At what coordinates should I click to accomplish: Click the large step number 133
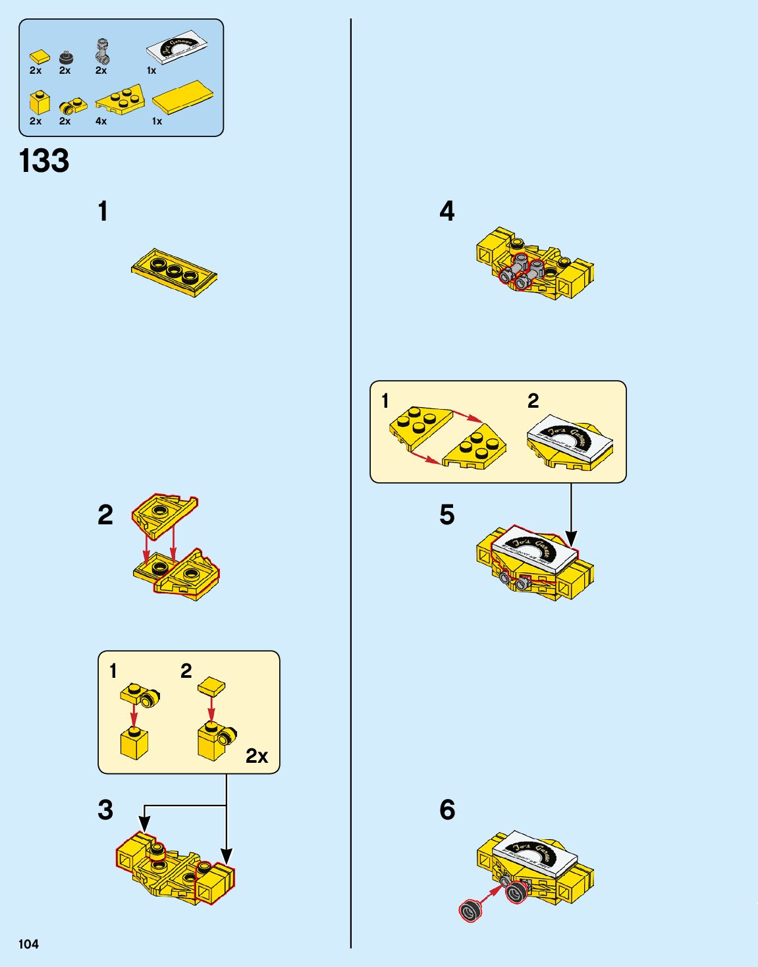[x=44, y=161]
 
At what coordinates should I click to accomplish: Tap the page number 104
[x=28, y=944]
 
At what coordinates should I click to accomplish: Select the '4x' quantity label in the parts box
[x=101, y=121]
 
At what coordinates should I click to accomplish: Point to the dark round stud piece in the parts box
[x=66, y=58]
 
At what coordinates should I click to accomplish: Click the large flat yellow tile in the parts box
[x=182, y=98]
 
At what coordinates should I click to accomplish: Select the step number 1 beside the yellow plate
[x=103, y=212]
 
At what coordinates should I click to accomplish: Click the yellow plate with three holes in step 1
[x=174, y=272]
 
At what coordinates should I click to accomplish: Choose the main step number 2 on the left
[x=105, y=515]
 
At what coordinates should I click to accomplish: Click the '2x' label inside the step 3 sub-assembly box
[x=257, y=756]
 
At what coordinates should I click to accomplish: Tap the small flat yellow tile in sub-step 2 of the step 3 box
[x=211, y=686]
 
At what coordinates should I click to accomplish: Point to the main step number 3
[x=105, y=810]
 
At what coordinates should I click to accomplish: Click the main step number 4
[x=447, y=211]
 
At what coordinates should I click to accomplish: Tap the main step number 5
[x=447, y=515]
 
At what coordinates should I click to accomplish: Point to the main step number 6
[x=447, y=810]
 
